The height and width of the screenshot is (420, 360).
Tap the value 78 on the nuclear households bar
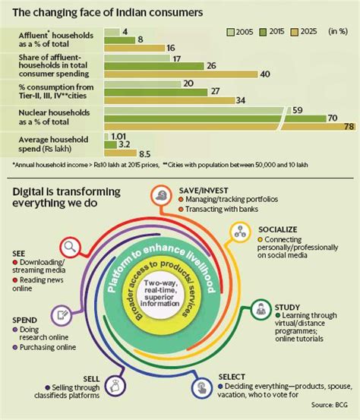pos(349,127)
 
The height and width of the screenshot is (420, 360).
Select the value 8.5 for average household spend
pos(144,153)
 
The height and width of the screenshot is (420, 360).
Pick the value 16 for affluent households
pos(171,49)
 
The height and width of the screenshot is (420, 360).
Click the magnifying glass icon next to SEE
pos(71,246)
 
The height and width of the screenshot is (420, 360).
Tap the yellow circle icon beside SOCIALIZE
pos(242,230)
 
